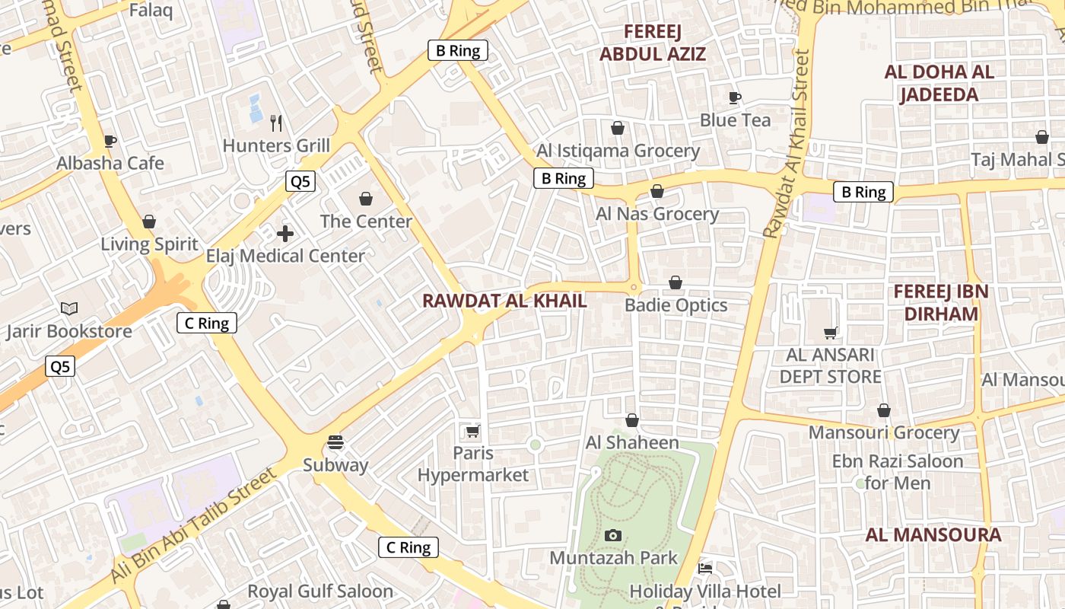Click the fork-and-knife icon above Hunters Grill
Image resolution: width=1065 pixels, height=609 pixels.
coord(277,122)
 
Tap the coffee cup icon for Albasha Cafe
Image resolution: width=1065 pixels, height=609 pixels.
coord(110,141)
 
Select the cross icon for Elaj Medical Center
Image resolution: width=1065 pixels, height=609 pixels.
coord(285,234)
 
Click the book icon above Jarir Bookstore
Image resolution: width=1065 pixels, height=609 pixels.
coord(69,308)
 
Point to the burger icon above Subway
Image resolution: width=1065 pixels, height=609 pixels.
coord(335,442)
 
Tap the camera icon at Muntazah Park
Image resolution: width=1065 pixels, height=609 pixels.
coord(612,536)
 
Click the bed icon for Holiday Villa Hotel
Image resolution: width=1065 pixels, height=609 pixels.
coord(705,569)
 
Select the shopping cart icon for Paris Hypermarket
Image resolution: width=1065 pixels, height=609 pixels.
coord(472,432)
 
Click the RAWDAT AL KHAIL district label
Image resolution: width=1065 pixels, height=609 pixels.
coord(504,301)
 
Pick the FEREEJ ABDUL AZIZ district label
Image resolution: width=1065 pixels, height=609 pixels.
coord(653,43)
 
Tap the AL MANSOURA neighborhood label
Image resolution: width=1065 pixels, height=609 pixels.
coord(933,534)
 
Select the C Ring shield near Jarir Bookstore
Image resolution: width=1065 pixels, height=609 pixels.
coord(207,323)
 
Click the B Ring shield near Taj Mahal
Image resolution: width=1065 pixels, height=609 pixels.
coord(863,192)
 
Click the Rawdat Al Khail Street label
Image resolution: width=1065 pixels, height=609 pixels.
coord(788,145)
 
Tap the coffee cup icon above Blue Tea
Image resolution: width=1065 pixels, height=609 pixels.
coord(734,97)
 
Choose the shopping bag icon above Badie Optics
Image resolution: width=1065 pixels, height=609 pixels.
coord(675,283)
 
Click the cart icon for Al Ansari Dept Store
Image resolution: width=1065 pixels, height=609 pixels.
coord(831,333)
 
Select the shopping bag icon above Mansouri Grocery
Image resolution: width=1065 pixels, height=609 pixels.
coord(883,410)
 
